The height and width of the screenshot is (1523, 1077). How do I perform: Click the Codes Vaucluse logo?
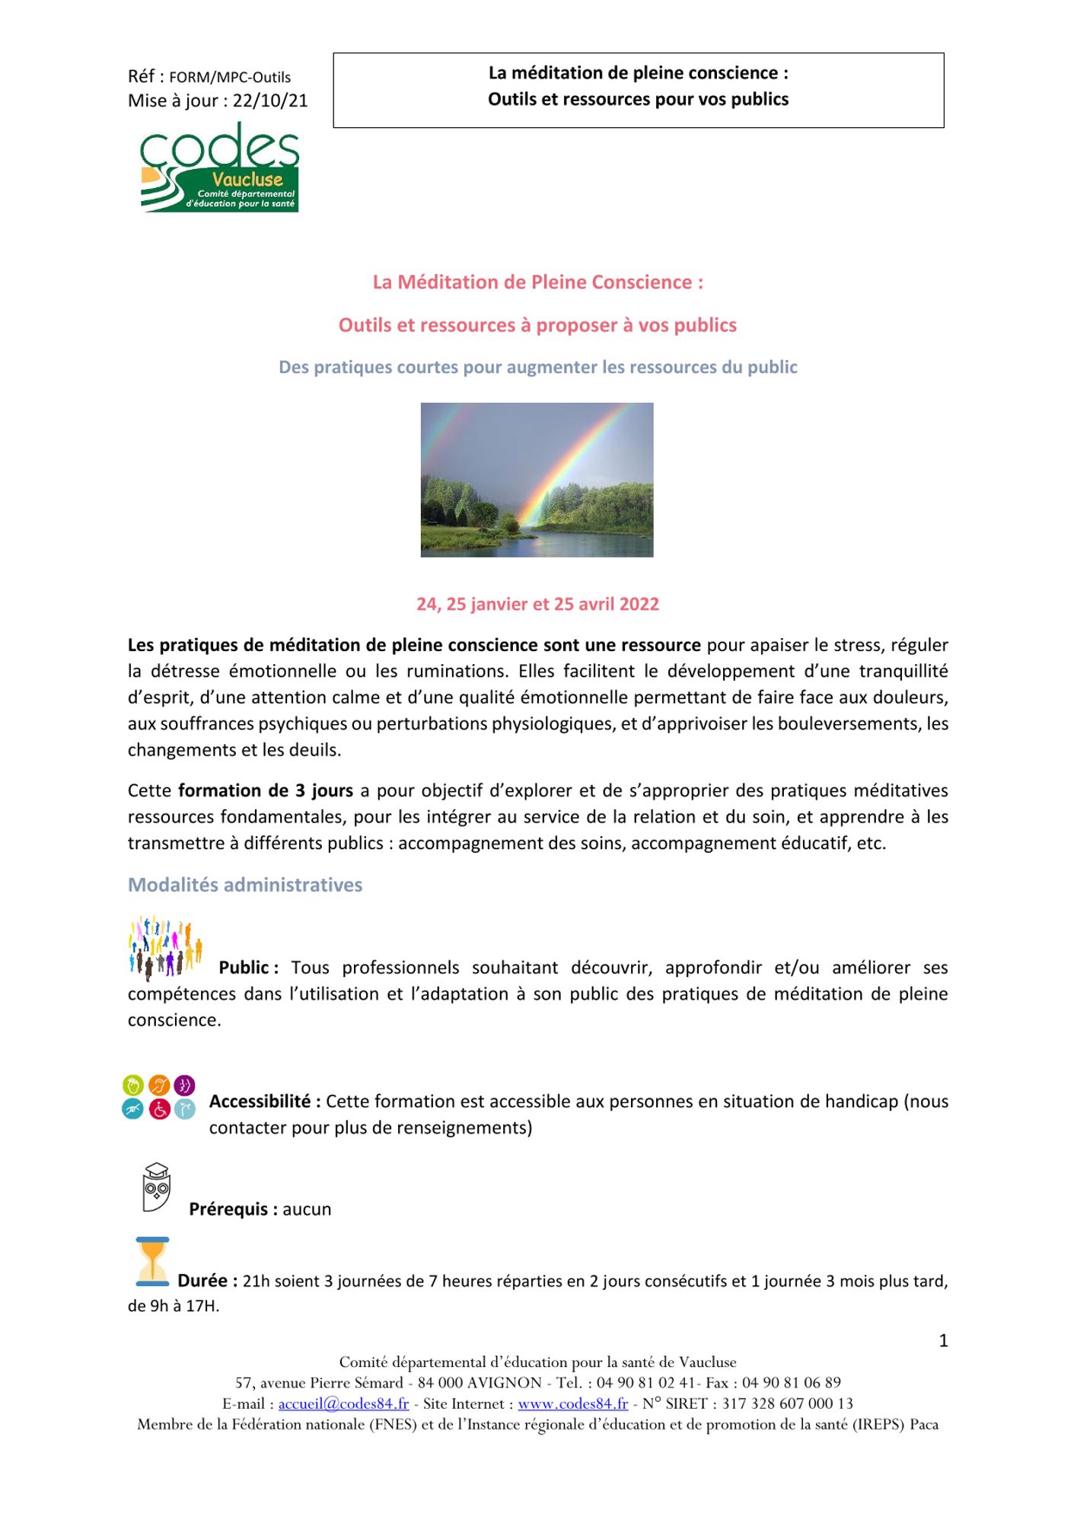point(219,168)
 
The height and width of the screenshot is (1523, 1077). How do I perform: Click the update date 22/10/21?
point(270,101)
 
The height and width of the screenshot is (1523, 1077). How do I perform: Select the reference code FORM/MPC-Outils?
point(230,78)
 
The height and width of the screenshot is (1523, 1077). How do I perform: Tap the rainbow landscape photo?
point(537,480)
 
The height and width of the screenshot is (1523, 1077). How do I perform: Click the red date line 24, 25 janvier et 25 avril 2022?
point(537,605)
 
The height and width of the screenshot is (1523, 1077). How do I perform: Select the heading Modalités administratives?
point(245,885)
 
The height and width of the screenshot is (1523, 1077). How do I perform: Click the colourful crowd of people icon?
point(165,947)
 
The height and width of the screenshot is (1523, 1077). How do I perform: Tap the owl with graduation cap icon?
point(156,1187)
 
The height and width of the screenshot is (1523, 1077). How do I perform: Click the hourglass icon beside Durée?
point(152,1262)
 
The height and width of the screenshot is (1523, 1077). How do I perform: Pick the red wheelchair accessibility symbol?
point(159,1110)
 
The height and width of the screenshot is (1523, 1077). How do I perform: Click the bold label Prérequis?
point(228,1209)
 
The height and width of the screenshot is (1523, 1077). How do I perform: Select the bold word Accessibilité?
point(260,1102)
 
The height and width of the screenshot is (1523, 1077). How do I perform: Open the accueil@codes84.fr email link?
point(343,1403)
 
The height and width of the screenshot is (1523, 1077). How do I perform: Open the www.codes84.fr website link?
point(572,1403)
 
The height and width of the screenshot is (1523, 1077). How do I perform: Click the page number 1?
point(943,1341)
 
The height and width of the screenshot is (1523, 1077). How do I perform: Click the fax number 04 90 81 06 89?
point(792,1383)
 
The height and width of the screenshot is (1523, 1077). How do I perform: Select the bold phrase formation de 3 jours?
point(266,791)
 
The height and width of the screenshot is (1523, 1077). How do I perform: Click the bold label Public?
point(244,968)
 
